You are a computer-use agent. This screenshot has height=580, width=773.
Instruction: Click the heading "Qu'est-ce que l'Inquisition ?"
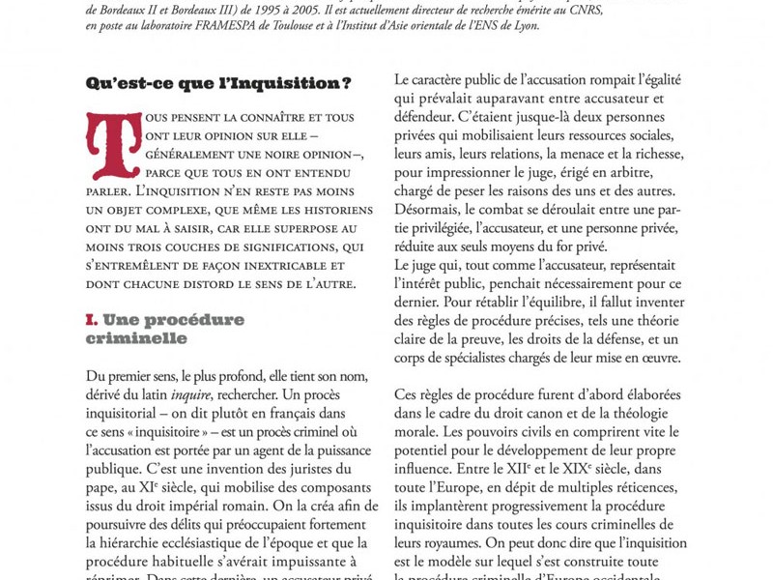point(219,83)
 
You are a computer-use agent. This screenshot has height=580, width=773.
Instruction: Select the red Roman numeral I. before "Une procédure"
point(92,319)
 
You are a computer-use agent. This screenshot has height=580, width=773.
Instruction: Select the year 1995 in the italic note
point(238,10)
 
